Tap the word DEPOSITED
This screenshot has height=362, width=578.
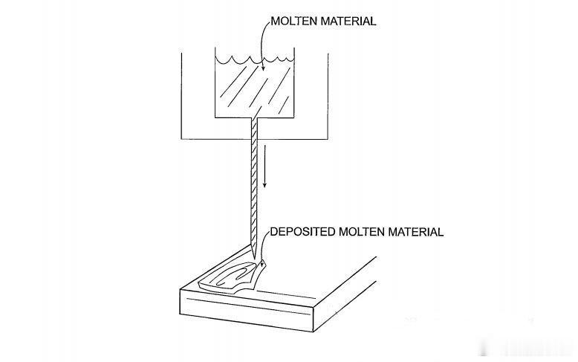point(302,232)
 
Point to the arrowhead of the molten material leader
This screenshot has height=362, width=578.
point(263,68)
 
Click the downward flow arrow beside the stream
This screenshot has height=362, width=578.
point(264,166)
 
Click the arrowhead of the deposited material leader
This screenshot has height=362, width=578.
point(262,263)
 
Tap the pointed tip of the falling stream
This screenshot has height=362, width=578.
point(254,259)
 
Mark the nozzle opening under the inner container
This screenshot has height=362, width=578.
point(254,118)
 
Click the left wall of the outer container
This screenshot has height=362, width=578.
point(181,96)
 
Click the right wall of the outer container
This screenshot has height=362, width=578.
point(328,96)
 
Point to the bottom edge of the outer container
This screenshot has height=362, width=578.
point(254,139)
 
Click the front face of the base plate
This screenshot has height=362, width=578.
point(246,311)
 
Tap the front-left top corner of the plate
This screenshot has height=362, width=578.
point(181,289)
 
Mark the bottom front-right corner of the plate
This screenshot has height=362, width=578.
point(313,332)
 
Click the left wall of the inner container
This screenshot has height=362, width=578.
point(215,83)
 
